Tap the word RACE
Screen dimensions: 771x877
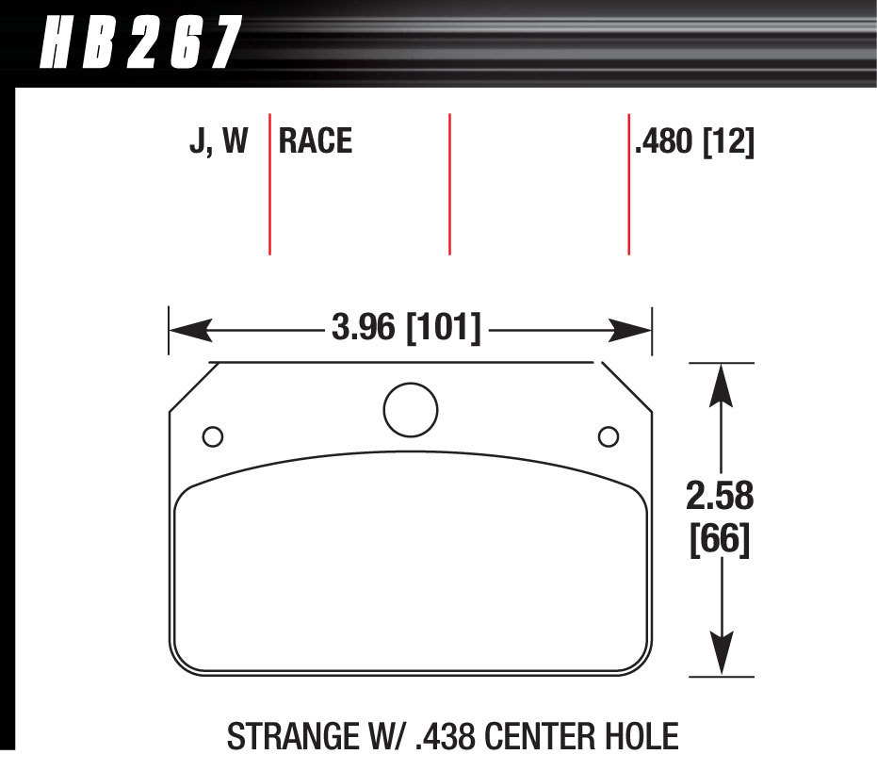tap(316, 141)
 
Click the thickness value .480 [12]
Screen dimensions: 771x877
tap(695, 141)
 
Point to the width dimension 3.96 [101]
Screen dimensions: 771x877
tap(406, 329)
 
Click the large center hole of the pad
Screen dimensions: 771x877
tap(411, 409)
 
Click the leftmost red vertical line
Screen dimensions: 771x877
tap(270, 184)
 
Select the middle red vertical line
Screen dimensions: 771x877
tap(449, 184)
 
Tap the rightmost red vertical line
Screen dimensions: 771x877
tap(628, 184)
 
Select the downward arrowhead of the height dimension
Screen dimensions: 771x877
tap(722, 654)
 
